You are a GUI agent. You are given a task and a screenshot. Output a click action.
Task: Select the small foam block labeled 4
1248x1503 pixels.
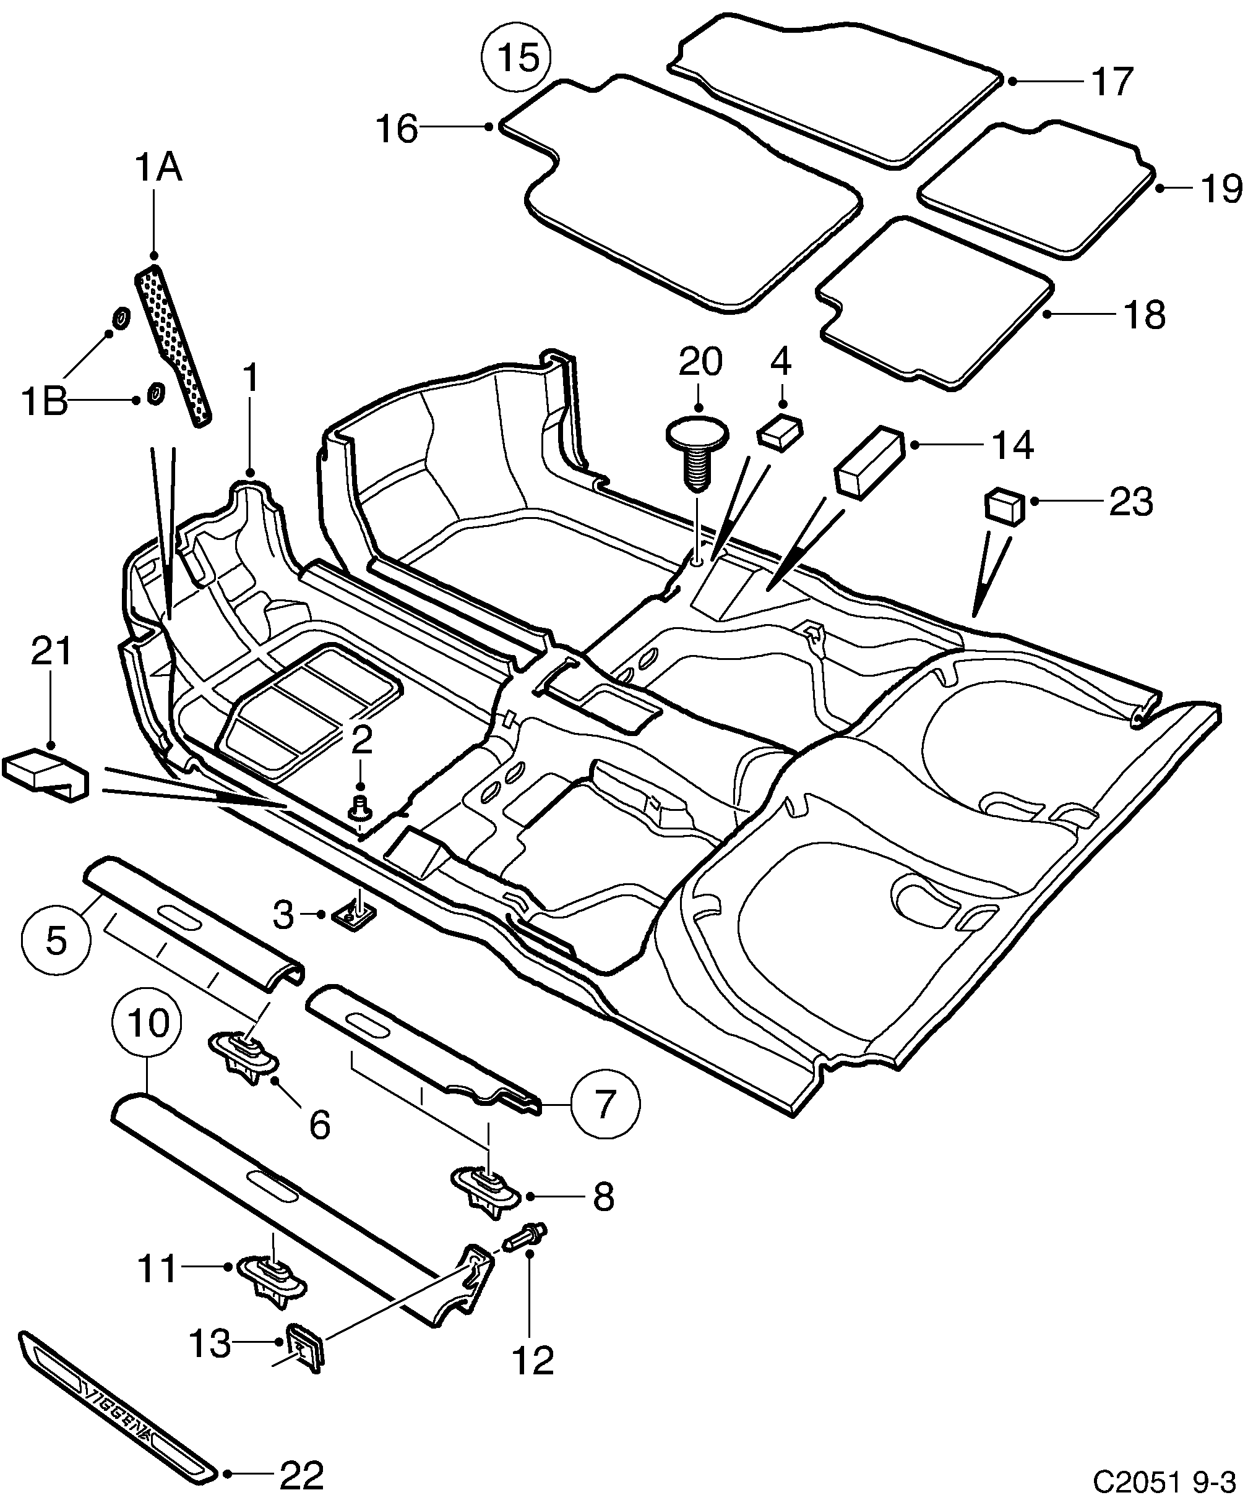click(780, 429)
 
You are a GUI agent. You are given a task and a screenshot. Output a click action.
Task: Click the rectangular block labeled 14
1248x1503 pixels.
click(867, 461)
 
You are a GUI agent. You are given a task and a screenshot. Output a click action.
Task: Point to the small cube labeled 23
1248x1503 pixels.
click(1005, 507)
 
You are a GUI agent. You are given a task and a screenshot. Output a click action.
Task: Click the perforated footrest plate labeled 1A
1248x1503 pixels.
click(173, 343)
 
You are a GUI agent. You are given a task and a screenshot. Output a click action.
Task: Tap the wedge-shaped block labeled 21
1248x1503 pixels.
click(46, 774)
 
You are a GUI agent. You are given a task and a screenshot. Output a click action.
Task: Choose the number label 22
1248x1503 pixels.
click(301, 1475)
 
